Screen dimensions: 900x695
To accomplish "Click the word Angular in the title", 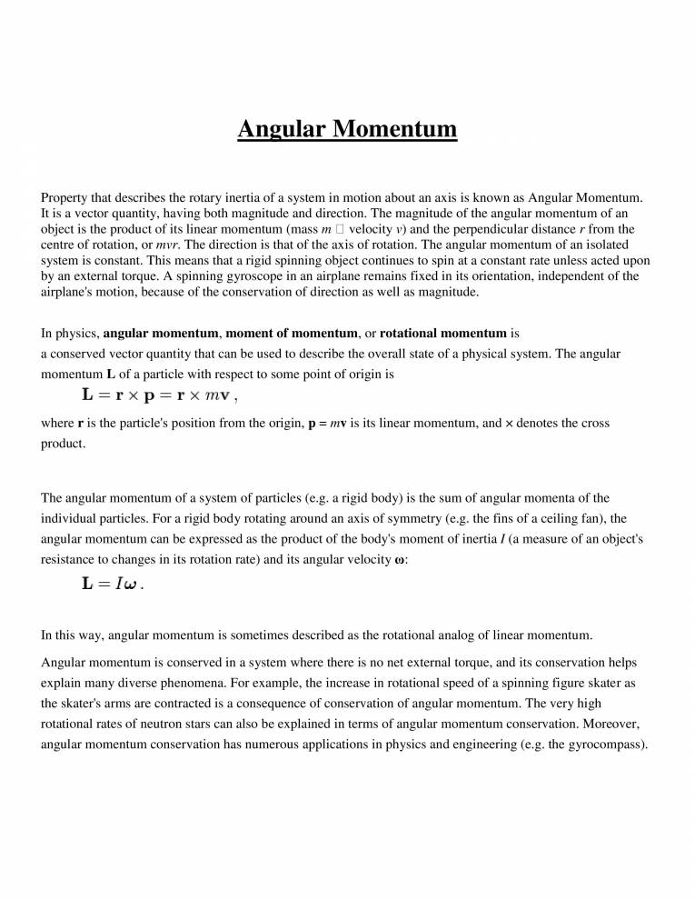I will tap(281, 129).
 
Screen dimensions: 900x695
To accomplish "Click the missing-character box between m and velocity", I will tap(338, 229).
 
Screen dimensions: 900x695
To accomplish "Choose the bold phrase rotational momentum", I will tap(443, 334).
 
